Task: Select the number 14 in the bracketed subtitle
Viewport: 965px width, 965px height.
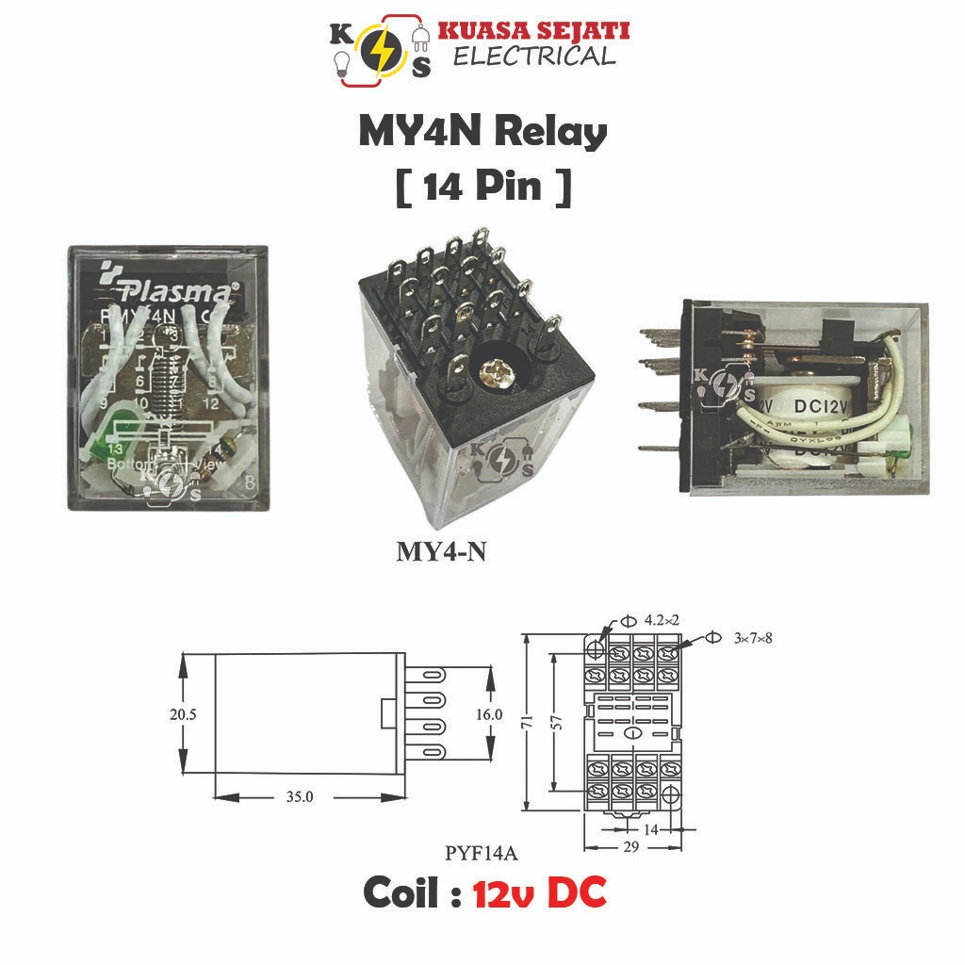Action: (441, 186)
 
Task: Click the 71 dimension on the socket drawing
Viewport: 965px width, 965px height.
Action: (529, 721)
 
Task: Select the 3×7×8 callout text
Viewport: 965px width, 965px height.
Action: (752, 638)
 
